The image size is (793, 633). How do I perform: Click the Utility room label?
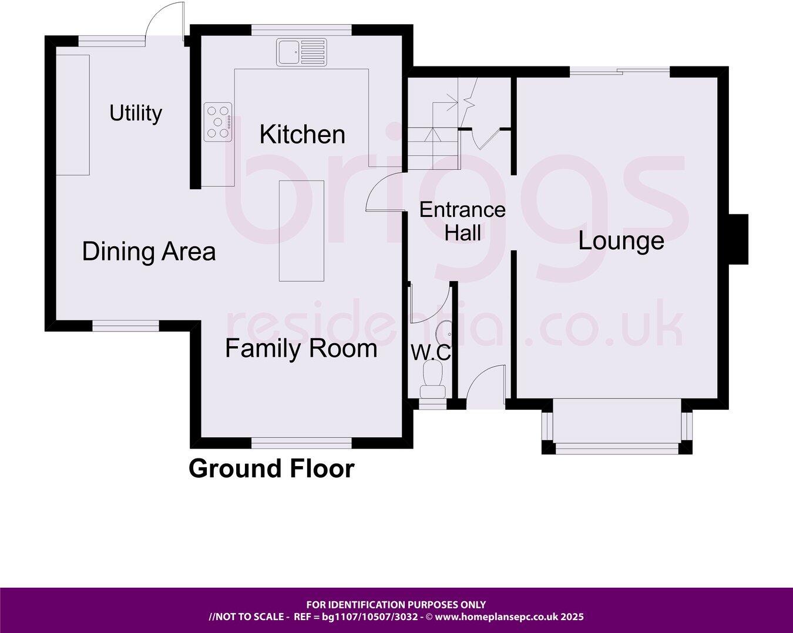pyautogui.click(x=136, y=113)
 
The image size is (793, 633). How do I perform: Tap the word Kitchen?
pyautogui.click(x=302, y=135)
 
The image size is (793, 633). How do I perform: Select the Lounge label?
pyautogui.click(x=621, y=241)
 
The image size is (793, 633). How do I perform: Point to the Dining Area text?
pyautogui.click(x=149, y=252)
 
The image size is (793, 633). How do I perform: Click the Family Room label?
pyautogui.click(x=301, y=349)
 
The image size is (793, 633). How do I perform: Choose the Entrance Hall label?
pyautogui.click(x=462, y=221)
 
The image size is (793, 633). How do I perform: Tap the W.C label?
pyautogui.click(x=431, y=353)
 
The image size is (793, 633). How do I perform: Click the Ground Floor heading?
pyautogui.click(x=271, y=468)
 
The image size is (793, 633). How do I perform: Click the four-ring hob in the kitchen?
pyautogui.click(x=218, y=122)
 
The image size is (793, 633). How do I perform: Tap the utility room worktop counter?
pyautogui.click(x=73, y=115)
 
